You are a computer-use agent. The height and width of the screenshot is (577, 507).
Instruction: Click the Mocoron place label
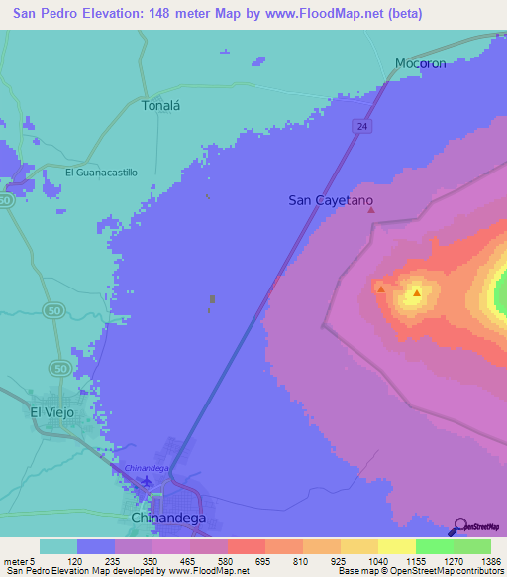pyautogui.click(x=421, y=63)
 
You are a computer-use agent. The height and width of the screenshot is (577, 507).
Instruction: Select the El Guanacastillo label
pyautogui.click(x=101, y=172)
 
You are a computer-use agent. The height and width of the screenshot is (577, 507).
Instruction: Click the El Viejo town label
pyautogui.click(x=51, y=411)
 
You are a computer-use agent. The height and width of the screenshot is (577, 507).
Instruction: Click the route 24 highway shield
pyautogui.click(x=363, y=126)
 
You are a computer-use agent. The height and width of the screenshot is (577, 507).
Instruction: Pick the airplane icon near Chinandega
pyautogui.click(x=149, y=482)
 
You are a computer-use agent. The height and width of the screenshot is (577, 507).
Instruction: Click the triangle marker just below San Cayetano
pyautogui.click(x=371, y=209)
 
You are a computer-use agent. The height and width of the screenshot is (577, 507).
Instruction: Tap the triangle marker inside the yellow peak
pyautogui.click(x=417, y=292)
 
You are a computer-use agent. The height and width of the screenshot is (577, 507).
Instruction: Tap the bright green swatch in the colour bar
pyautogui.click(x=434, y=546)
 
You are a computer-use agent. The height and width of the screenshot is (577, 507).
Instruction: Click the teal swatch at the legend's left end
pyautogui.click(x=58, y=546)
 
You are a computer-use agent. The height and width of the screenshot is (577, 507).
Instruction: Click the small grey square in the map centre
pyautogui.click(x=212, y=298)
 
